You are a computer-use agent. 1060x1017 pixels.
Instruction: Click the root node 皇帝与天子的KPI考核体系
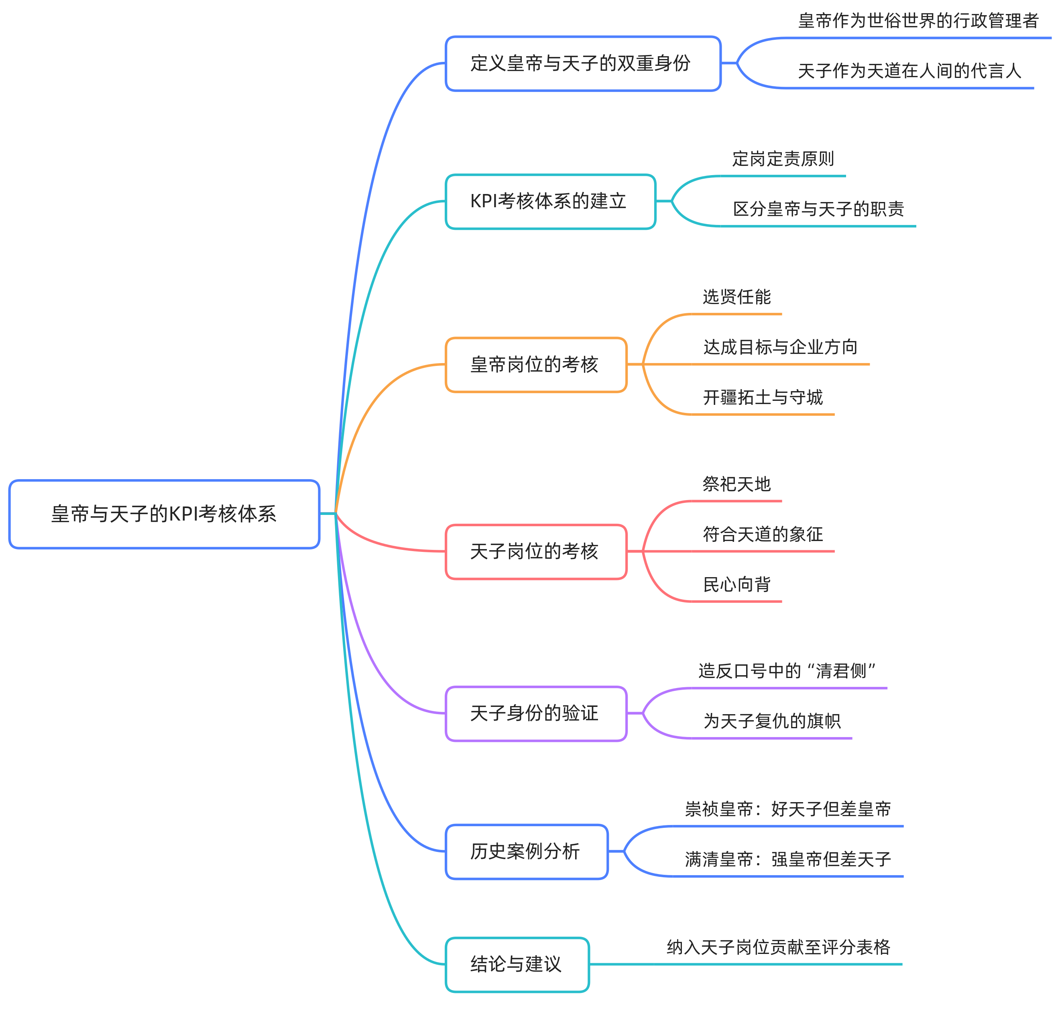point(164,514)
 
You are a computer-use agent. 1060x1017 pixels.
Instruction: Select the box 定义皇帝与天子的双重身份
point(583,64)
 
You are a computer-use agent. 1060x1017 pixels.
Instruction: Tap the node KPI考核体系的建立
point(550,201)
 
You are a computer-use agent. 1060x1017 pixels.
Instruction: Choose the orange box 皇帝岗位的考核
point(535,365)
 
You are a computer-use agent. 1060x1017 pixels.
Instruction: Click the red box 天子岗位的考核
point(535,551)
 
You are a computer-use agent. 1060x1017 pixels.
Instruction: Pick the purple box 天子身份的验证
point(535,713)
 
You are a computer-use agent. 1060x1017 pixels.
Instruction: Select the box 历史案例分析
point(526,852)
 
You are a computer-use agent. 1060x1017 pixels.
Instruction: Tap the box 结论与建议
point(517,964)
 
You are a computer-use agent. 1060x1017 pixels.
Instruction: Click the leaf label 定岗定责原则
point(783,159)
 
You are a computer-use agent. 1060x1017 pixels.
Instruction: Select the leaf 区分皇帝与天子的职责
point(818,209)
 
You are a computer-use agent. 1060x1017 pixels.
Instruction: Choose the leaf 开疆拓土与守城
point(763,397)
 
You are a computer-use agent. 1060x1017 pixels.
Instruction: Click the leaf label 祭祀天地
point(737,484)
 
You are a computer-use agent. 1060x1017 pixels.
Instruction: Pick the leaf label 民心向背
point(737,584)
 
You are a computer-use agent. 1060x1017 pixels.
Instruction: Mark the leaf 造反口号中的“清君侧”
point(787,671)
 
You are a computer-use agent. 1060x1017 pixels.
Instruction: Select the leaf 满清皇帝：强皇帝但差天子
point(787,859)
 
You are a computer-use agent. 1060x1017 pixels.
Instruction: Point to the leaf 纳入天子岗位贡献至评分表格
point(778,947)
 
